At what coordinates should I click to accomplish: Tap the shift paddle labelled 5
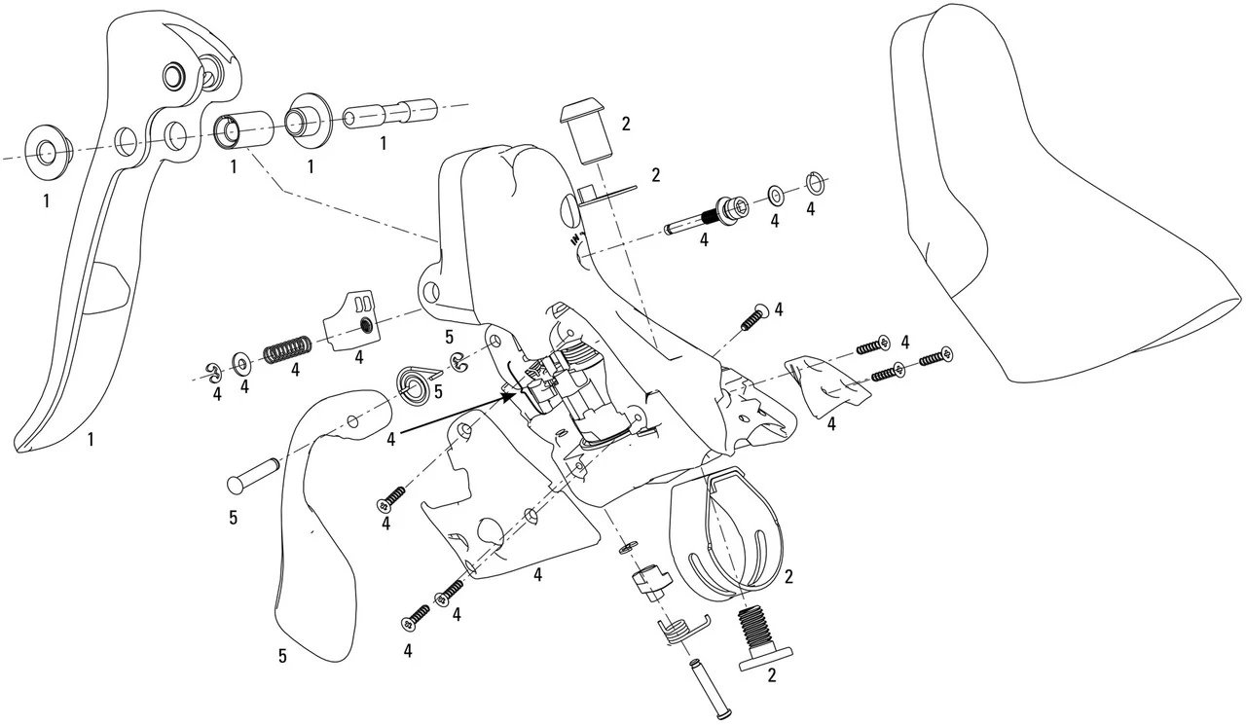coord(311,526)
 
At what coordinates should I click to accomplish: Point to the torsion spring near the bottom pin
coord(674,633)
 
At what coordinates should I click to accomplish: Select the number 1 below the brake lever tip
coord(90,440)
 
